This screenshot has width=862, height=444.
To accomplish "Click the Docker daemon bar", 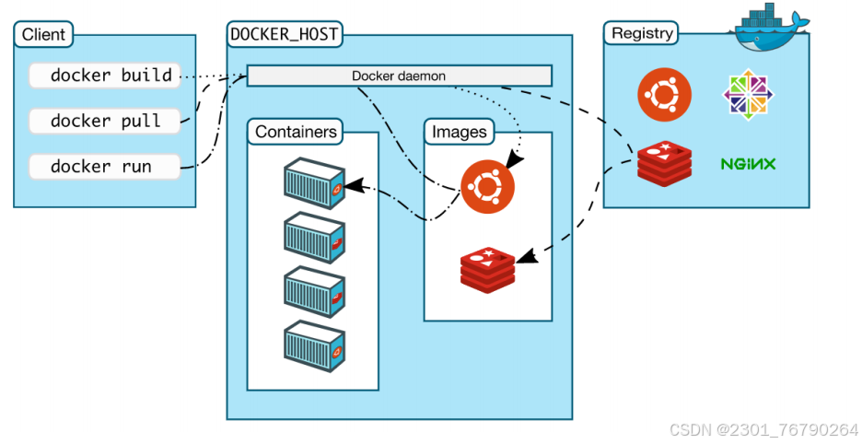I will (399, 76).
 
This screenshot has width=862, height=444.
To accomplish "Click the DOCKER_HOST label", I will (285, 35).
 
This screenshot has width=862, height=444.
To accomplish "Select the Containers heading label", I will (296, 132).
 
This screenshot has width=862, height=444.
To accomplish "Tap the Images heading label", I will (460, 132).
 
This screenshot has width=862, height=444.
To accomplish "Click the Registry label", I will (642, 33).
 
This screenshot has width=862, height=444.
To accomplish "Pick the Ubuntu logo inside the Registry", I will (664, 95).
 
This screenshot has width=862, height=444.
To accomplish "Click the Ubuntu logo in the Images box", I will (487, 186).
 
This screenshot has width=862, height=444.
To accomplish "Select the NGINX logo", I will (748, 165).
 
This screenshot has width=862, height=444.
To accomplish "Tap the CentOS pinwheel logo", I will (747, 95).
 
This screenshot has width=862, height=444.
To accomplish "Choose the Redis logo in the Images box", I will (487, 268).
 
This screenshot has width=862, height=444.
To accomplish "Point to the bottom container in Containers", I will (314, 345).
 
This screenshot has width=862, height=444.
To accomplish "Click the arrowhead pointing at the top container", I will (351, 187).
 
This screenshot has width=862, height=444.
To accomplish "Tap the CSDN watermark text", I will (763, 430).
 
